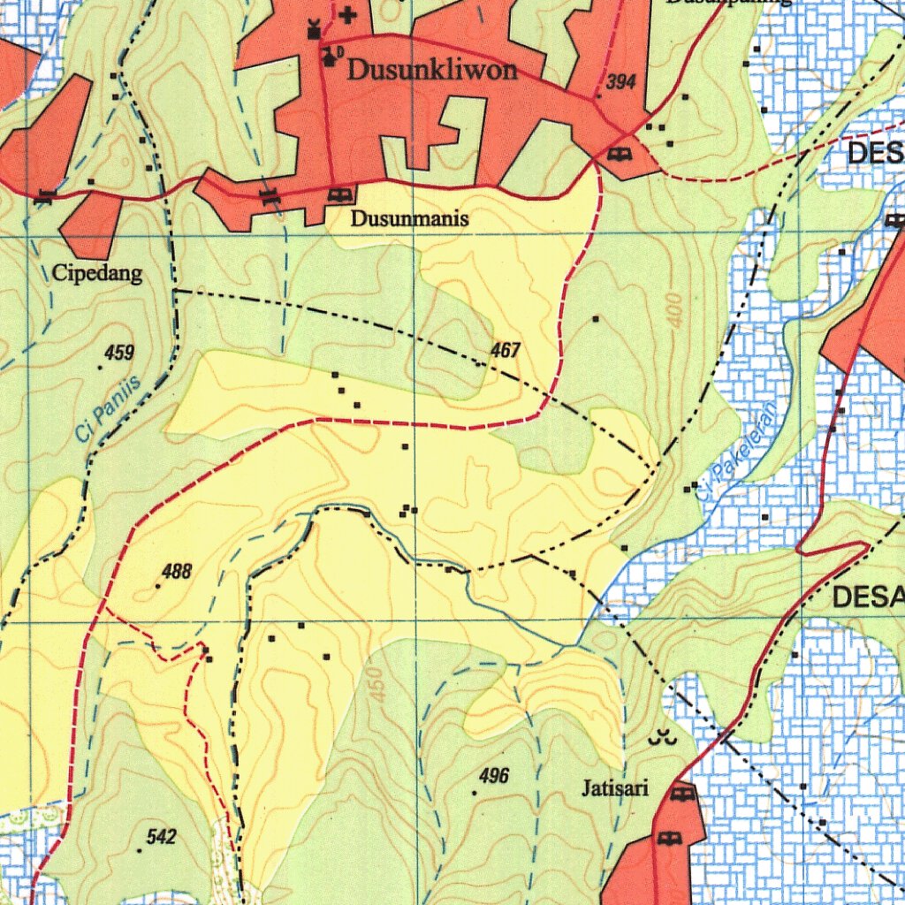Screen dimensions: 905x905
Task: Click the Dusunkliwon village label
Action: point(431,71)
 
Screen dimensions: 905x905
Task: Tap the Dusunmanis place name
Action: point(409,218)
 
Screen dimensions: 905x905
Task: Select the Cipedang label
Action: point(97,274)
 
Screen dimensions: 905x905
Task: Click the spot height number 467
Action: point(505,351)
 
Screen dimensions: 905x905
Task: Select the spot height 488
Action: point(178,572)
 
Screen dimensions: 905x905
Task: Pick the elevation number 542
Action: point(162,837)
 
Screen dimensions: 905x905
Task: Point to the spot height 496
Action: point(494,776)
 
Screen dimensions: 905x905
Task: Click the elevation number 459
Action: point(119,354)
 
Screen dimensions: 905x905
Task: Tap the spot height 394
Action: point(621,82)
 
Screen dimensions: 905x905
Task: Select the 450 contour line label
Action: point(378,685)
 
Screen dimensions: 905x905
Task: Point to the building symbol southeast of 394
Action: point(620,155)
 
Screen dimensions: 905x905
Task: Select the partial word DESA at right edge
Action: point(868,598)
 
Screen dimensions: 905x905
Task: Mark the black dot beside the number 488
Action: point(158,585)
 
